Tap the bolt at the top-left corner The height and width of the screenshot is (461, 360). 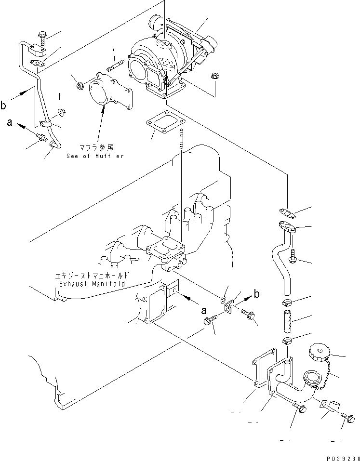pyautogui.click(x=41, y=34)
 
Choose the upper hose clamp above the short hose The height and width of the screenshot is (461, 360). pyautogui.click(x=286, y=303)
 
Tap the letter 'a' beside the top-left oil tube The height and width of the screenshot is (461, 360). pyautogui.click(x=9, y=123)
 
